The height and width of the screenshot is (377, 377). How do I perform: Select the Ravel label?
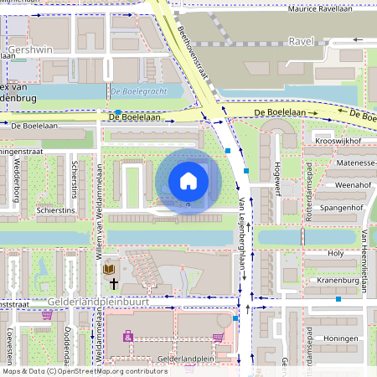[300, 40]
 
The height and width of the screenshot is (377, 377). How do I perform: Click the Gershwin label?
[28, 50]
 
